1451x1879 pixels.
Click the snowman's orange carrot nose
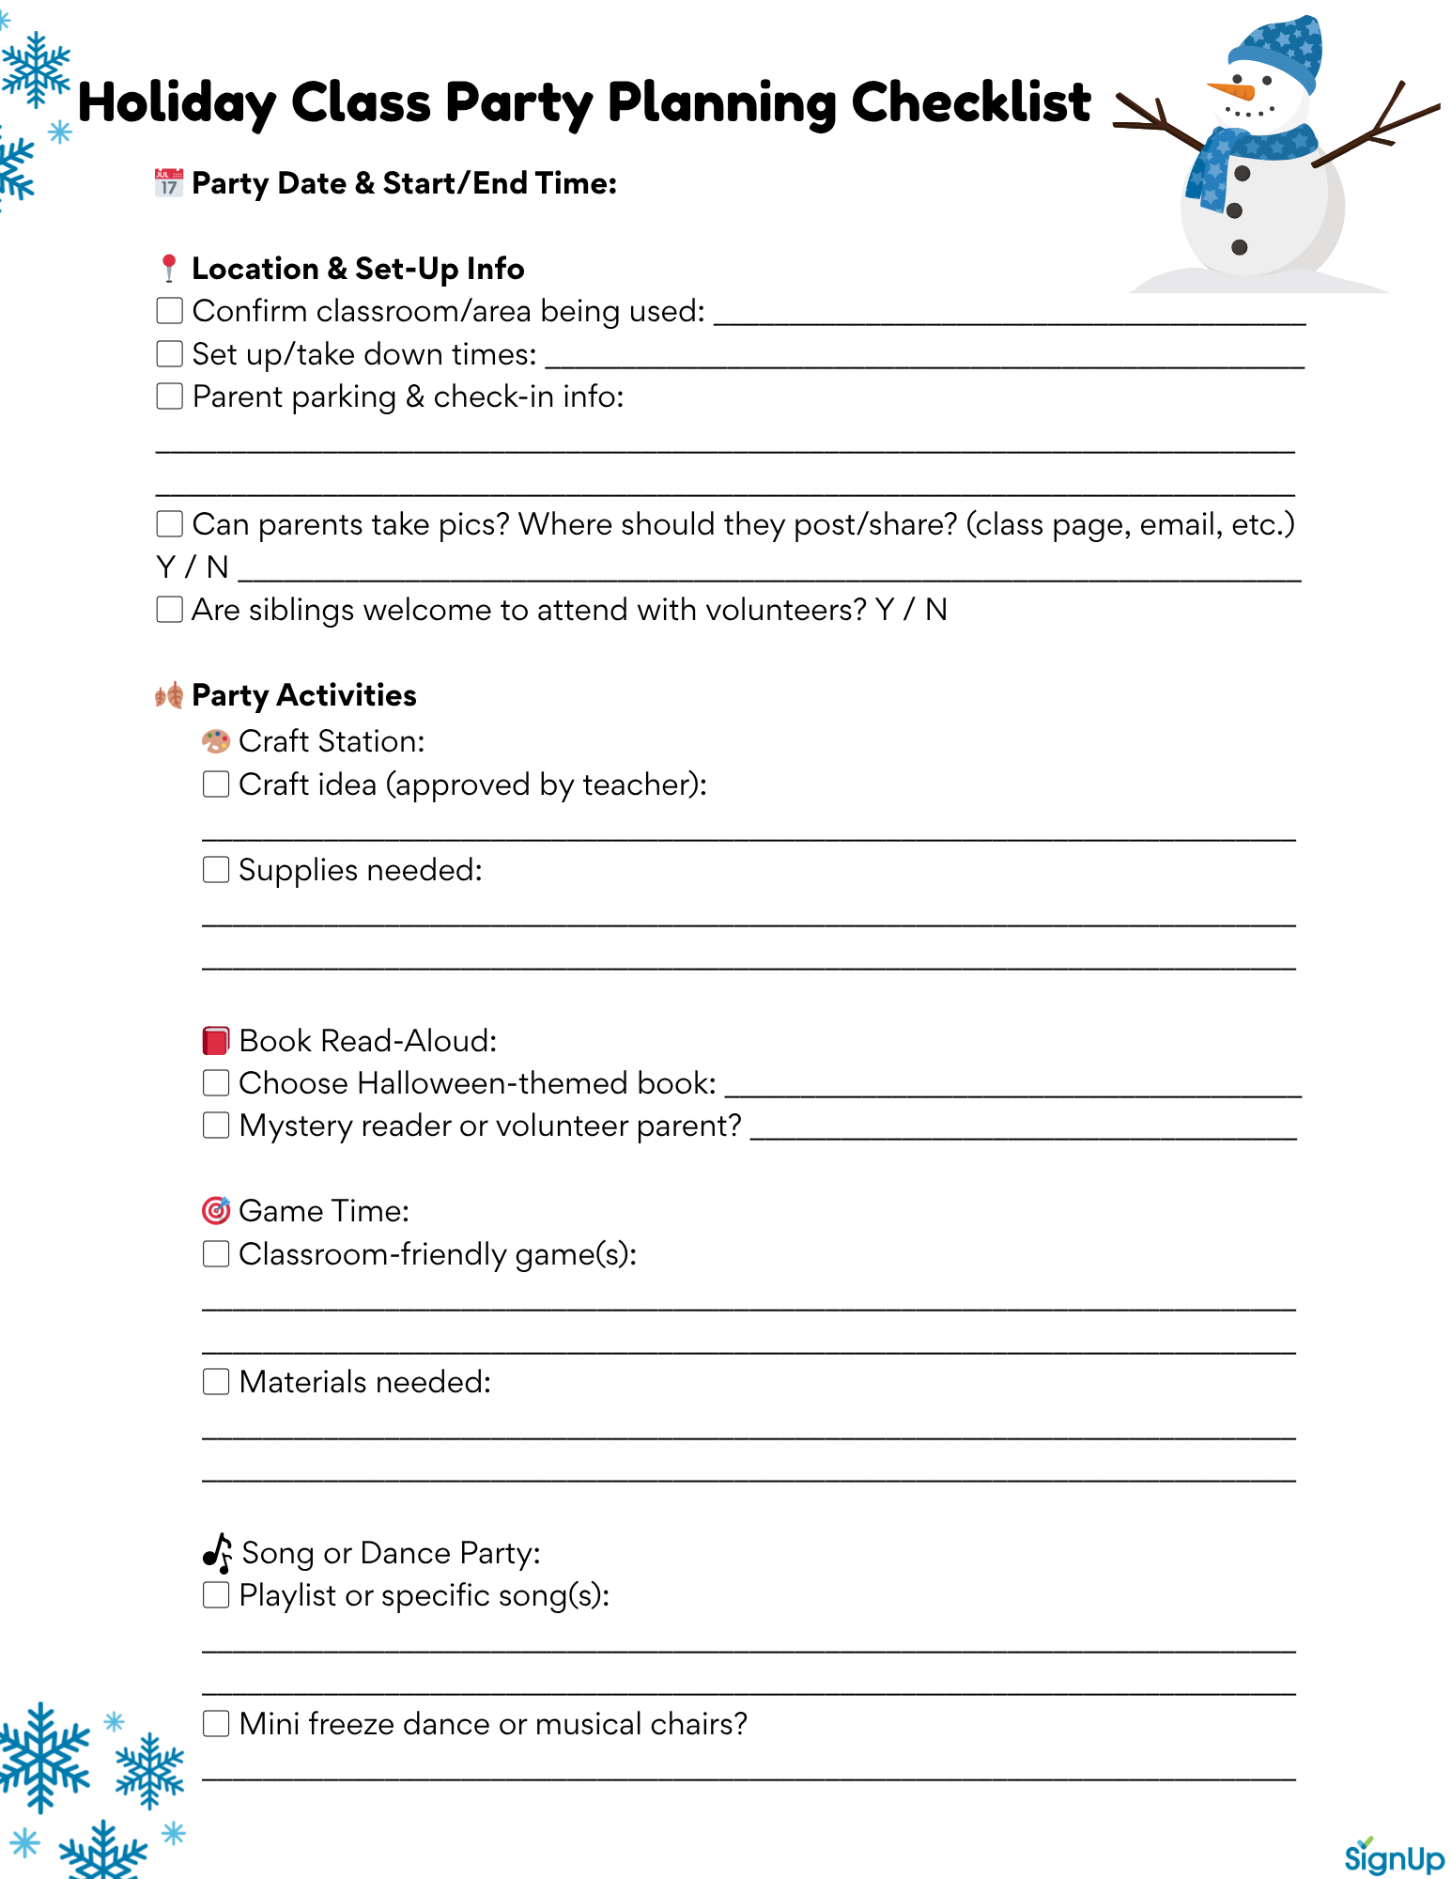[1232, 91]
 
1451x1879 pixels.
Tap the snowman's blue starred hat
[1277, 52]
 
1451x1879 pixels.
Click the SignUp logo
[1394, 1856]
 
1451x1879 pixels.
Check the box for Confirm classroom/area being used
[169, 310]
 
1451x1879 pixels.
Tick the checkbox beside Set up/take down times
[169, 353]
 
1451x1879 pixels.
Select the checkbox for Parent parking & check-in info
[169, 396]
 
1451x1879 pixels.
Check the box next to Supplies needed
[216, 869]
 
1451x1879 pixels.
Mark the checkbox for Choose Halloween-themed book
[216, 1082]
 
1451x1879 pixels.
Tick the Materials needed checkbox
[216, 1381]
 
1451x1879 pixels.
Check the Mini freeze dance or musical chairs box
[216, 1723]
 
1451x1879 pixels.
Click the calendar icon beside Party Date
[169, 182]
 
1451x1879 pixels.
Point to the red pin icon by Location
[169, 268]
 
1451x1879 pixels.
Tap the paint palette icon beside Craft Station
[216, 741]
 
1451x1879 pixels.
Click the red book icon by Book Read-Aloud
[216, 1040]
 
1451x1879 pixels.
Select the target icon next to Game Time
[216, 1210]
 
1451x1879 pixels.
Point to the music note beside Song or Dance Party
[218, 1553]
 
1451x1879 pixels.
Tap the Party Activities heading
[303, 695]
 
